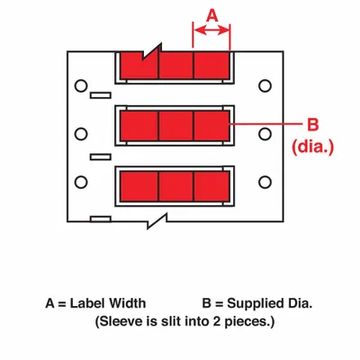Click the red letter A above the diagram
point(212,15)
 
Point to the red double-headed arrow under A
point(211,30)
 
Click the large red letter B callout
point(312,124)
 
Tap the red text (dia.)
point(313,147)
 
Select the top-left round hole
point(80,85)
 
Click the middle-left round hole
point(80,134)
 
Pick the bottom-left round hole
point(80,182)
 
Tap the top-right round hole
point(265,85)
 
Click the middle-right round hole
point(265,134)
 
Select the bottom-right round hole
point(265,182)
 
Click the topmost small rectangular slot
point(101,95)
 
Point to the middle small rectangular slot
point(101,157)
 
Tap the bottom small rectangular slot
point(101,219)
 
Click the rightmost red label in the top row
point(211,65)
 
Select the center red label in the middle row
point(175,126)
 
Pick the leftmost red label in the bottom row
point(139,186)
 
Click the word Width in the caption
point(127,303)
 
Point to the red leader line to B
point(266,123)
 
